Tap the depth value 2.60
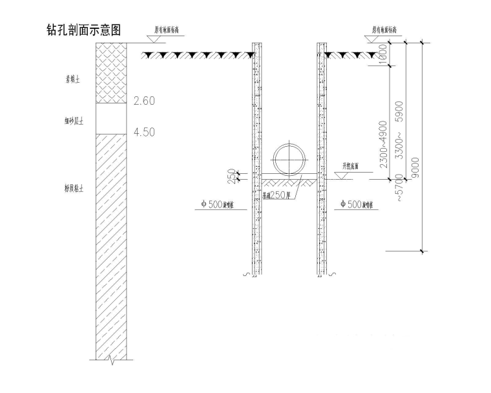[x=143, y=101]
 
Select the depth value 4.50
[x=143, y=133]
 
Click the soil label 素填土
[x=80, y=81]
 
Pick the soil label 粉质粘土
[x=80, y=189]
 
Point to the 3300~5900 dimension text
[x=399, y=131]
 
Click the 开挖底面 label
[x=352, y=165]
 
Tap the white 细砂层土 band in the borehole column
[x=110, y=118]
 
